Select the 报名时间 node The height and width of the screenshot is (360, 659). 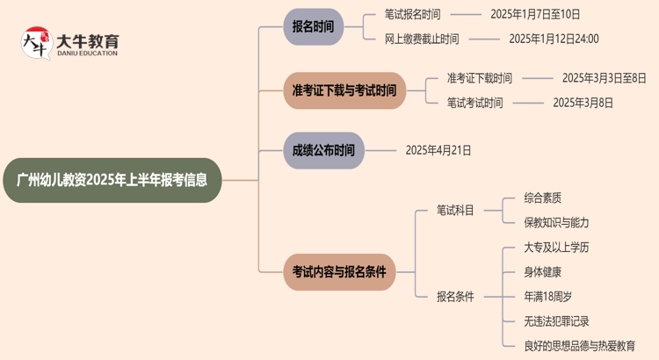point(313,26)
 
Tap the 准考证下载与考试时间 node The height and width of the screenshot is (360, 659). point(344,90)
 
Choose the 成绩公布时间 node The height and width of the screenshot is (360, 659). point(323,150)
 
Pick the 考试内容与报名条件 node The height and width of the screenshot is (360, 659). point(338,272)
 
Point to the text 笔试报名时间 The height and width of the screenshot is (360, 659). point(412,15)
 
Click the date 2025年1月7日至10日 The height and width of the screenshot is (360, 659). point(535,15)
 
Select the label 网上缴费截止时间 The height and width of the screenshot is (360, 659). point(421,39)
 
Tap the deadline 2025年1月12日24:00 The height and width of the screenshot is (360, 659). point(554,39)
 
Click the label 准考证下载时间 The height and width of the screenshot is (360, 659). point(479,78)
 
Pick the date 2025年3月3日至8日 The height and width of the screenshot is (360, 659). point(604,78)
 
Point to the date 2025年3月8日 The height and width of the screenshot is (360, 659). point(583,103)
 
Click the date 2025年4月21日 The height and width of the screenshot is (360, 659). point(438,150)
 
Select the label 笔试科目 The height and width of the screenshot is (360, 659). point(455,211)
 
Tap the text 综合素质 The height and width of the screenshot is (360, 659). point(542,198)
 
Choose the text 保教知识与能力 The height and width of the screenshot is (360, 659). point(556,223)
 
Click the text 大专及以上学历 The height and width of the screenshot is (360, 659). point(556,248)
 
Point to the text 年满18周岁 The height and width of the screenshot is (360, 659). point(547,297)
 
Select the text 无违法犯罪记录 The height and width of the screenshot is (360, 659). point(556,321)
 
